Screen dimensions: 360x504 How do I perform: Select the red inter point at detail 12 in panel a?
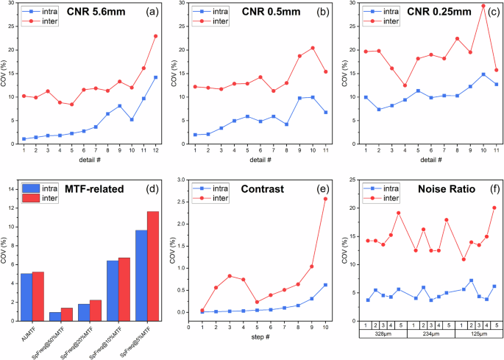(155, 36)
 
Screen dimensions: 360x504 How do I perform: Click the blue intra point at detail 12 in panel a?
(155, 77)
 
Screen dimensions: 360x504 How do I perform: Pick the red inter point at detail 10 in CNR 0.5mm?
(313, 48)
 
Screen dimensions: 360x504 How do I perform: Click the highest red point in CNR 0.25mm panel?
(483, 6)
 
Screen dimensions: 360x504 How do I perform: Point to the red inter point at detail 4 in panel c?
(405, 85)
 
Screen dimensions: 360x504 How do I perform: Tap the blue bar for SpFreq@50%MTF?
(55, 317)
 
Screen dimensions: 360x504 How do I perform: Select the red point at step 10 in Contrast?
(325, 199)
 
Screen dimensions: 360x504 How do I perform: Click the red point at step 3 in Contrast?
(230, 276)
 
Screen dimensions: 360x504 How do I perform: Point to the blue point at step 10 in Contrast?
(325, 285)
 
